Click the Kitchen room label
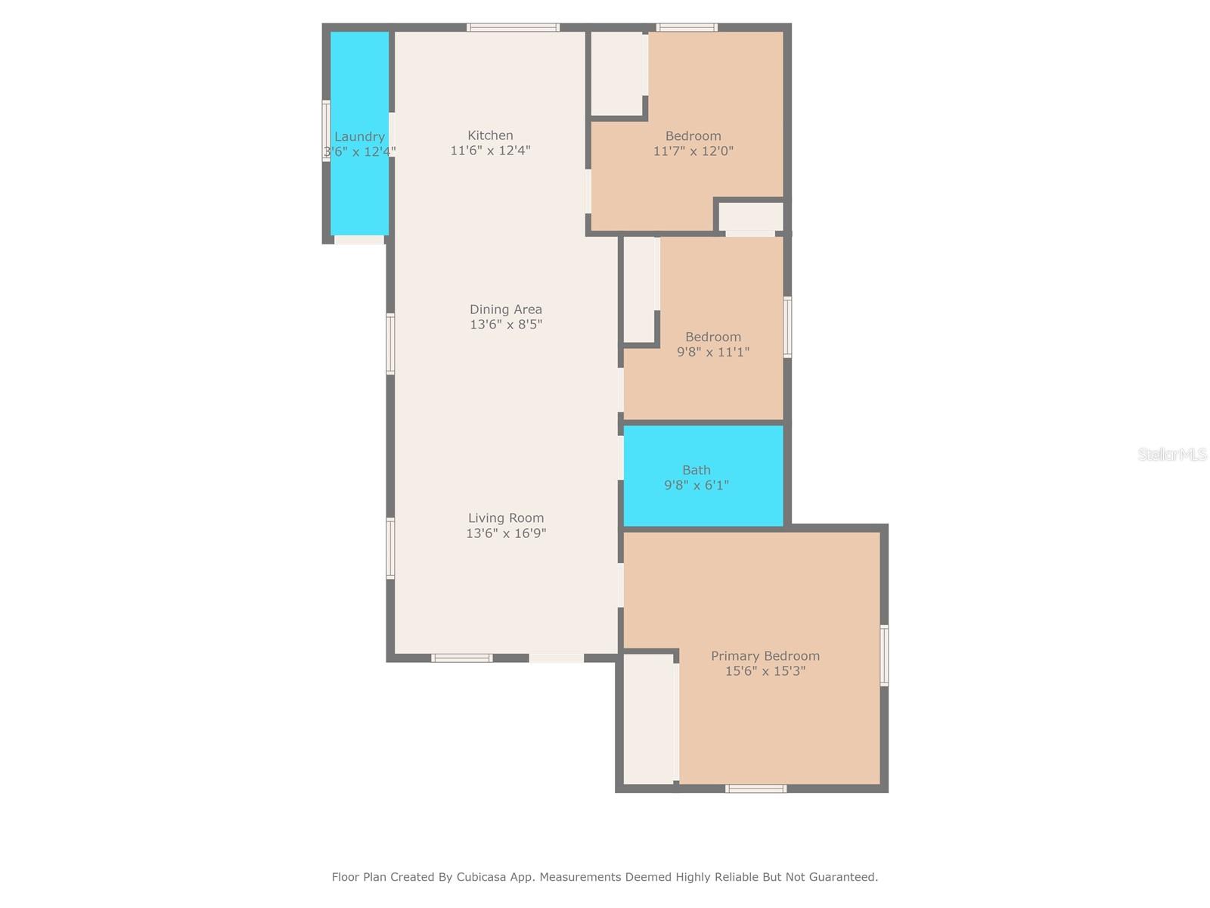[x=490, y=135]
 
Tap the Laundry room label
[x=359, y=137]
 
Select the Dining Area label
[x=505, y=309]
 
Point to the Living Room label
[x=505, y=518]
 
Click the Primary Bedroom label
[x=765, y=656]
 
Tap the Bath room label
[x=697, y=470]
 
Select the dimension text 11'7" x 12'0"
[x=693, y=151]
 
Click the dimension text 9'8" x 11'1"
[x=713, y=352]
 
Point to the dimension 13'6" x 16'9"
[x=505, y=533]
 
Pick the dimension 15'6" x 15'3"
[x=765, y=671]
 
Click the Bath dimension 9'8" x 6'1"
[x=697, y=485]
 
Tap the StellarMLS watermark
[x=1172, y=454]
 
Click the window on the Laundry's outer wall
[x=327, y=131]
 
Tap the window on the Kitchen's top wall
[x=513, y=27]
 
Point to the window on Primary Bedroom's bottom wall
[x=755, y=789]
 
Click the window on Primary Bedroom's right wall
[x=884, y=655]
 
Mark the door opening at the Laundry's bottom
[x=359, y=240]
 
